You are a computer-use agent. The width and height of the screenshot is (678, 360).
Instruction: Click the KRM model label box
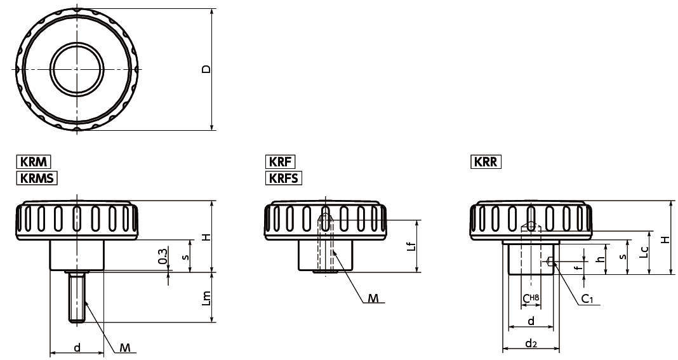coord(34,162)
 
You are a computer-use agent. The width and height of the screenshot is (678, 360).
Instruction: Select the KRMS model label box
coord(37,178)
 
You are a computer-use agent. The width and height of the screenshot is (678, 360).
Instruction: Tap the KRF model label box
coord(280,162)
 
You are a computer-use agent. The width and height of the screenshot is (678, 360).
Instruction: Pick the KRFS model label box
coord(284,178)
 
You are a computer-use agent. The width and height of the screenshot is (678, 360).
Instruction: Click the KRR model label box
coord(486,162)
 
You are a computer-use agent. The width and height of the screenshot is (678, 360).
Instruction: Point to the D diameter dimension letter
coord(207,69)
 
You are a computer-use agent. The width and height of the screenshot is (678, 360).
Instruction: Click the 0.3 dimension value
coord(163,256)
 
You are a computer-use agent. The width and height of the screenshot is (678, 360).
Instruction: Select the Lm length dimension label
coord(207,298)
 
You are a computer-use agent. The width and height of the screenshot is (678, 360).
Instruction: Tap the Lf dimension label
coord(413,246)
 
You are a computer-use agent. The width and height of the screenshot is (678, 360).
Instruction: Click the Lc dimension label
coord(644,253)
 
